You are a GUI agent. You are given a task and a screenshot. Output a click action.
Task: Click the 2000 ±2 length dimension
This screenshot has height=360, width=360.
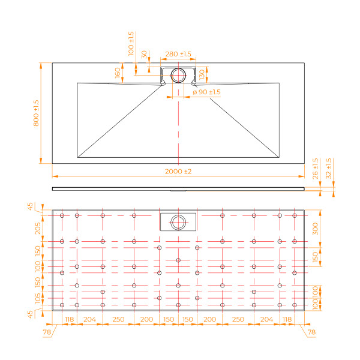pyautogui.click(x=178, y=172)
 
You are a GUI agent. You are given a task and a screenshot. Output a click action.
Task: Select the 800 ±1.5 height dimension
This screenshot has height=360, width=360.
pyautogui.click(x=36, y=112)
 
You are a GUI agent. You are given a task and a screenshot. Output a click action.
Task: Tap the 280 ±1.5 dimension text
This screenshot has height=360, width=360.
pyautogui.click(x=178, y=54)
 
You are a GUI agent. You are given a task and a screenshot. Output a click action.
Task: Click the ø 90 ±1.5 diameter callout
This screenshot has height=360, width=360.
pyautogui.click(x=206, y=92)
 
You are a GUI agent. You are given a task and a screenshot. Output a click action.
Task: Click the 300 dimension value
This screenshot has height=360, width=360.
pyautogui.click(x=316, y=228)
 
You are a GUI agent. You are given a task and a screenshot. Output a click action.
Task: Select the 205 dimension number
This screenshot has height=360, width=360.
pyautogui.click(x=38, y=227)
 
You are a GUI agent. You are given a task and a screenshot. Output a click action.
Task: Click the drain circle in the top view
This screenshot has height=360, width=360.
pyautogui.click(x=178, y=76)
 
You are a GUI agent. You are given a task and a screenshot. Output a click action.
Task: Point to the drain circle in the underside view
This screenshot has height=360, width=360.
pyautogui.click(x=178, y=221)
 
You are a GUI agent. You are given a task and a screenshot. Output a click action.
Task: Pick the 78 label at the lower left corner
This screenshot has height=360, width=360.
pyautogui.click(x=47, y=331)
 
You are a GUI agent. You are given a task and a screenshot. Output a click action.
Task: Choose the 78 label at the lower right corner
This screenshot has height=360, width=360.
pyautogui.click(x=311, y=331)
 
